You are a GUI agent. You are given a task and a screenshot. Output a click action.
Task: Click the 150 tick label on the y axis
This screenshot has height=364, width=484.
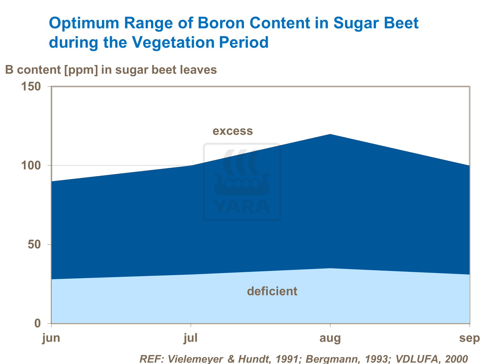click(x=31, y=87)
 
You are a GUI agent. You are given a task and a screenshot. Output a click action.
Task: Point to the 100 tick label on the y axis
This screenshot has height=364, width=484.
click(x=31, y=166)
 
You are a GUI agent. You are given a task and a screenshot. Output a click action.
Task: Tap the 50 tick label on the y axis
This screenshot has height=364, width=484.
click(x=34, y=244)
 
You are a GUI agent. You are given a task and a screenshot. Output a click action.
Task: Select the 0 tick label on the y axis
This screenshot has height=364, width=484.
click(x=37, y=323)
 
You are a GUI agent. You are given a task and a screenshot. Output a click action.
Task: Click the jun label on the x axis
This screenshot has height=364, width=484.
click(x=51, y=338)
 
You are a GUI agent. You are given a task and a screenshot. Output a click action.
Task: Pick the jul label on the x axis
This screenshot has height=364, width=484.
click(x=191, y=338)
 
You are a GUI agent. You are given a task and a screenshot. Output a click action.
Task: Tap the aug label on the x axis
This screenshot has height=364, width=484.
click(x=330, y=338)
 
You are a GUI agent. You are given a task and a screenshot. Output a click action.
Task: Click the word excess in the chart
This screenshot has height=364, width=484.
click(x=233, y=131)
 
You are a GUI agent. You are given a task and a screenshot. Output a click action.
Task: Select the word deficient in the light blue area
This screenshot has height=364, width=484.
click(x=272, y=291)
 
